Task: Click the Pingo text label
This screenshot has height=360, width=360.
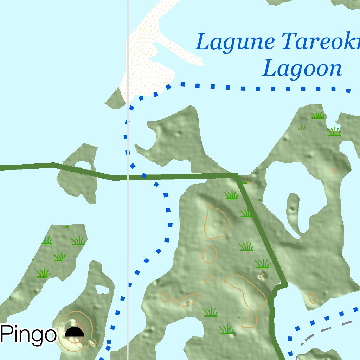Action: pos(28,334)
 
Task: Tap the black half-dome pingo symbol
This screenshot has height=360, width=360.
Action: pos(75,332)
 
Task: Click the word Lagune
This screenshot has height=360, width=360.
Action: pos(234,42)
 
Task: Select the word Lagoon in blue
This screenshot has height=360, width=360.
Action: pos(302,69)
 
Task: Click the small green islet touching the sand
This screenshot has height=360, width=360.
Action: pos(115,98)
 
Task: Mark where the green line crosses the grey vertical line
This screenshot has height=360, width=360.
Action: pos(128,177)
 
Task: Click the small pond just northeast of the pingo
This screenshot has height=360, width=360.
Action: pos(102,290)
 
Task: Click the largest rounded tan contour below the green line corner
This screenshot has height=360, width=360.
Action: pos(217,223)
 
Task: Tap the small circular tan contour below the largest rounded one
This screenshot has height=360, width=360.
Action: pos(210,255)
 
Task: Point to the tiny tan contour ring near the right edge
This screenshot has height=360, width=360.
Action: pos(334,171)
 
